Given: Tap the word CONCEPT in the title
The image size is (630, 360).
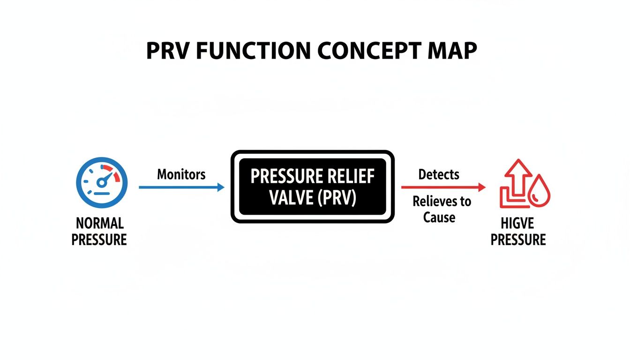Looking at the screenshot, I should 368,51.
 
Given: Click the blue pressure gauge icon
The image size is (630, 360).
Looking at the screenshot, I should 102,182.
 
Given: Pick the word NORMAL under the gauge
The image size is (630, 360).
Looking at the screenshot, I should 99,223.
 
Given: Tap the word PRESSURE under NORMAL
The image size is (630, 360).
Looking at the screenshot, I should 99,240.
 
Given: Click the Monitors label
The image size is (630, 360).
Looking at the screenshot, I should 181,175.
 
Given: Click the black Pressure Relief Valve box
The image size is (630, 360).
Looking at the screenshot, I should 313,187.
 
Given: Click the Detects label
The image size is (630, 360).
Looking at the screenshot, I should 439,174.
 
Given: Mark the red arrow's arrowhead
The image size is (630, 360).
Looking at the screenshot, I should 482,187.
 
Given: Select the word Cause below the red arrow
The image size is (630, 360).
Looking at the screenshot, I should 439,217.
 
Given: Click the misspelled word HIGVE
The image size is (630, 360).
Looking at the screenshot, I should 517,223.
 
